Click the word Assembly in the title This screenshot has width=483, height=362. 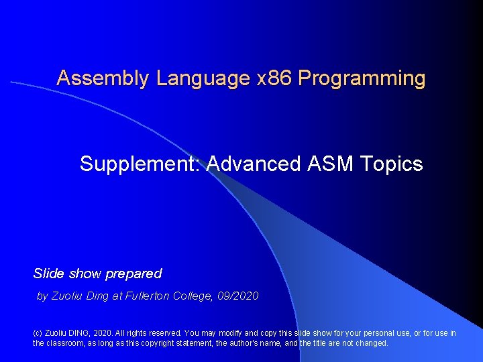103,78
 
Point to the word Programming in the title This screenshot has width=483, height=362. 362,79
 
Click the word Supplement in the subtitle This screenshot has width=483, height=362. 140,164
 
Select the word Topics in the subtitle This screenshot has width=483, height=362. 392,164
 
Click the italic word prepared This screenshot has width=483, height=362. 133,274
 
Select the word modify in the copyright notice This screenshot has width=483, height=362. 225,333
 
